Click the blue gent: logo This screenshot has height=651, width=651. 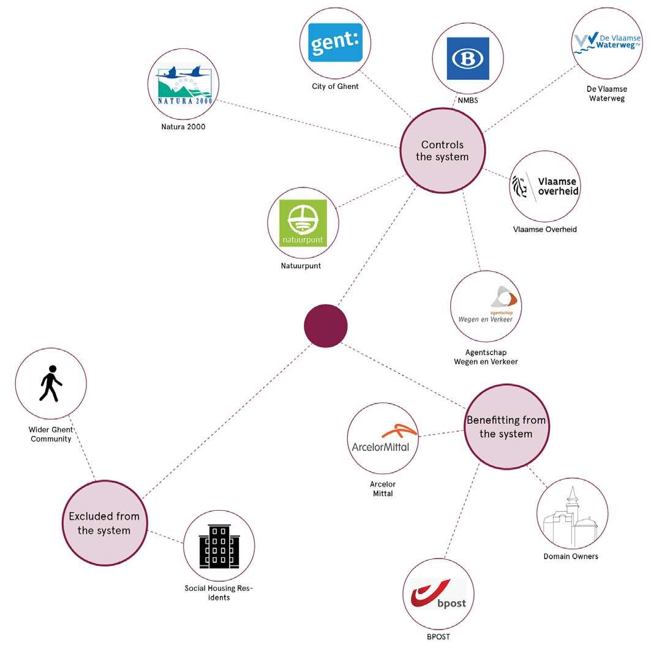click(x=335, y=43)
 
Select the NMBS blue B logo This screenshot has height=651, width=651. click(x=468, y=59)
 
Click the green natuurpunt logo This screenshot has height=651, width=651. click(x=303, y=223)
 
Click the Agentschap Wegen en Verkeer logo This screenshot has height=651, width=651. click(x=486, y=306)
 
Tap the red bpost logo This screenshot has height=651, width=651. click(x=438, y=594)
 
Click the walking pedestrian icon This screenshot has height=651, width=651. click(x=51, y=383)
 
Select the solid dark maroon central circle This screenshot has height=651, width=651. click(x=326, y=325)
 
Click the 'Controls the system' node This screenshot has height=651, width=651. click(x=442, y=151)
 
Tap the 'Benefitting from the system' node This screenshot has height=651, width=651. click(x=506, y=427)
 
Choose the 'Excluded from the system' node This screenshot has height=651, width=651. click(x=104, y=523)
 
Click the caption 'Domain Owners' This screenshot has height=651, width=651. click(x=571, y=556)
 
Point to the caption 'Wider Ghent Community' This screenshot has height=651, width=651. click(x=51, y=434)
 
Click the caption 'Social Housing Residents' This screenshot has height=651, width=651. click(x=219, y=593)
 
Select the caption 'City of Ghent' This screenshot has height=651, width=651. click(x=335, y=86)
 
